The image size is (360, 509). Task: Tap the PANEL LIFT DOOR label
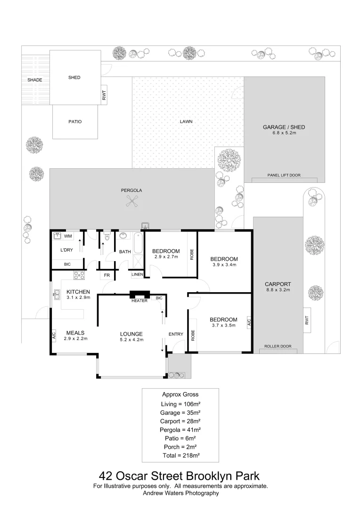[x=284, y=175]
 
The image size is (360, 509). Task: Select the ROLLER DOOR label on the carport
[x=278, y=346]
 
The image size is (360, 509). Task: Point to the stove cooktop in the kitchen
[x=79, y=275]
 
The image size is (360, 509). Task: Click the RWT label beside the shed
[x=104, y=97]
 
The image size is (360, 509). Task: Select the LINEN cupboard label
[x=137, y=274]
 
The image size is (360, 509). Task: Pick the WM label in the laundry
[x=68, y=236]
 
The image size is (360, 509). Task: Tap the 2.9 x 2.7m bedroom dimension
[x=166, y=257]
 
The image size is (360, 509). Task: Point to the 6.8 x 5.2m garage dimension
[x=284, y=133]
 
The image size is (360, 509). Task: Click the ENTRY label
[x=176, y=334]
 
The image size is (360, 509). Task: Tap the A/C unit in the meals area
[x=54, y=336]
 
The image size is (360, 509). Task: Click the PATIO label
[x=75, y=122]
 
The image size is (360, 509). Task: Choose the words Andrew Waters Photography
[x=180, y=493]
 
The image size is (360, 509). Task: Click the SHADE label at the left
[x=34, y=80]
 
